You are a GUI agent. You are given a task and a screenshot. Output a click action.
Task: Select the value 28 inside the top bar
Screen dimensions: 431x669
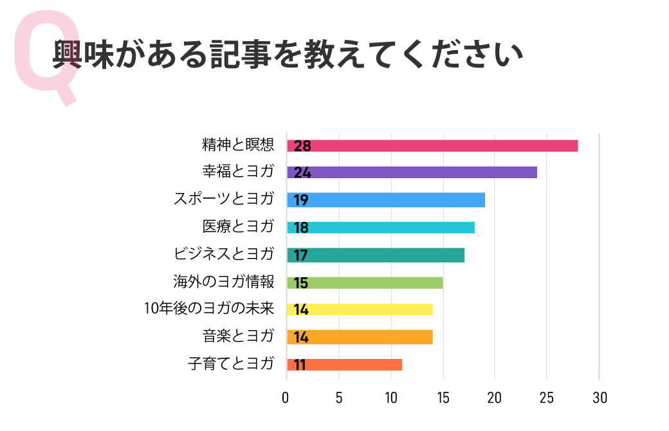(x=302, y=146)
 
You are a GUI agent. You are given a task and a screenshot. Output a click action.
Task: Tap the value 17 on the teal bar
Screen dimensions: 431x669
(x=301, y=255)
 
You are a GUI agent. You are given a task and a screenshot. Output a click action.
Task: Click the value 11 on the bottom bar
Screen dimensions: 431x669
(x=300, y=365)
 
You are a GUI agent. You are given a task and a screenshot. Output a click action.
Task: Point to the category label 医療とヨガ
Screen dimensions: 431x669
(x=238, y=226)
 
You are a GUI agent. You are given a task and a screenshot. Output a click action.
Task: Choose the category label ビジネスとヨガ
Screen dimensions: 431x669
(x=224, y=253)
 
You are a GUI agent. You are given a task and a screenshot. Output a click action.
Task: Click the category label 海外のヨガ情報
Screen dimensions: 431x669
(x=224, y=281)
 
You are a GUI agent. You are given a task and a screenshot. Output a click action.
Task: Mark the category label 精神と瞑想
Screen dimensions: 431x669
(x=238, y=145)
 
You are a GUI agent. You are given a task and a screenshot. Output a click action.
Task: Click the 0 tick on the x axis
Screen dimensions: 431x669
(x=286, y=398)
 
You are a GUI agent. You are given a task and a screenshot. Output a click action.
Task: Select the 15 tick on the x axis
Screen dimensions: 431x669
(x=443, y=398)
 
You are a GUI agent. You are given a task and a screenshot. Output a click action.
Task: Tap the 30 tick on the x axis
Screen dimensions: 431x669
(x=600, y=398)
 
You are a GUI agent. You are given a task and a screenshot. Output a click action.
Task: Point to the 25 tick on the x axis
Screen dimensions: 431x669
(x=547, y=398)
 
